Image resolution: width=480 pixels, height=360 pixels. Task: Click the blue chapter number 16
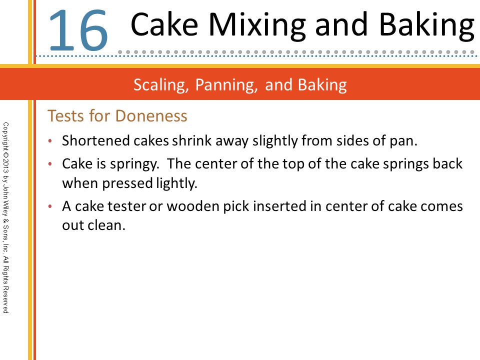[78, 30]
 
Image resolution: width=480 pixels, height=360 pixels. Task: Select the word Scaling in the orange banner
[161, 85]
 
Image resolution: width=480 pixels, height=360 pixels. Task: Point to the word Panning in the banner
[226, 85]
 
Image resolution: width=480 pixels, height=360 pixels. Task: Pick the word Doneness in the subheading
[151, 116]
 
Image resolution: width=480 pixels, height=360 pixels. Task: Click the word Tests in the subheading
[65, 116]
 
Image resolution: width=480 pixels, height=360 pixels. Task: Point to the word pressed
[127, 183]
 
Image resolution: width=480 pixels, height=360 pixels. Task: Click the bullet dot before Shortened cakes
[50, 141]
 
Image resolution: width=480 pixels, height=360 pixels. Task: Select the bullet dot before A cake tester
[50, 206]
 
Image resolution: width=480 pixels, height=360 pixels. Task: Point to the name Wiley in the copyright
[5, 208]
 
